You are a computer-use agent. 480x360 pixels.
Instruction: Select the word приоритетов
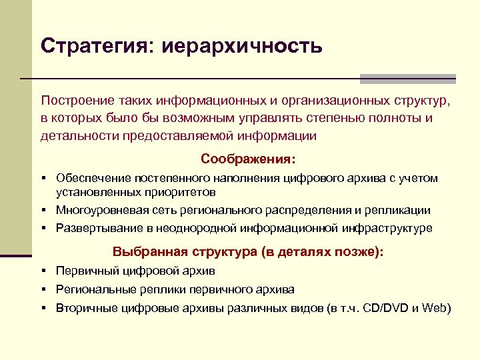click(179, 193)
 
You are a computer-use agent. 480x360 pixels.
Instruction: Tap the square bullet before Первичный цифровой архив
click(42, 271)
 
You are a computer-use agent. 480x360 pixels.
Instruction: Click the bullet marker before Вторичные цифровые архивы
click(42, 308)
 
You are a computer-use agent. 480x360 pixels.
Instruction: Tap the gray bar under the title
click(407, 79)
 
